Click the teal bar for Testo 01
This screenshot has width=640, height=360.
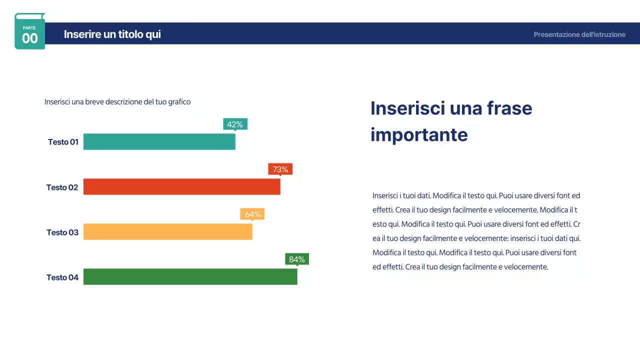pyautogui.click(x=159, y=141)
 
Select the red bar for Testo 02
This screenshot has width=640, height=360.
pyautogui.click(x=181, y=186)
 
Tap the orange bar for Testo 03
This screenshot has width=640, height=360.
pyautogui.click(x=167, y=231)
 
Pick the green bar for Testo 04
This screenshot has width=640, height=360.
pyautogui.click(x=190, y=276)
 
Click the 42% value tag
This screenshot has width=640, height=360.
pyautogui.click(x=235, y=124)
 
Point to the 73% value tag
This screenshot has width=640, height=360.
pyautogui.click(x=280, y=169)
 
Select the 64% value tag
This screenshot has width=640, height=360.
pyautogui.click(x=252, y=214)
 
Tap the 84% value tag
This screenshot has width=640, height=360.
pyautogui.click(x=297, y=259)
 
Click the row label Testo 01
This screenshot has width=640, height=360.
pyautogui.click(x=63, y=142)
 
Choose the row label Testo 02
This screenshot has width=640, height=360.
pyautogui.click(x=62, y=187)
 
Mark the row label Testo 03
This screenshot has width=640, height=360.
pyautogui.click(x=62, y=232)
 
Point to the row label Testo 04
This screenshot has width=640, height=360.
pyautogui.click(x=62, y=277)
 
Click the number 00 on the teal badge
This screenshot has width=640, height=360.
pyautogui.click(x=29, y=38)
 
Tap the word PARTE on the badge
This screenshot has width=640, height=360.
pyautogui.click(x=29, y=28)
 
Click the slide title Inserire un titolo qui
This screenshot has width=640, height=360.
pyautogui.click(x=112, y=34)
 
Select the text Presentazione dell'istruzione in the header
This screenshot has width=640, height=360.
pyautogui.click(x=579, y=34)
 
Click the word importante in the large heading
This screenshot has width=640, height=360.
pyautogui.click(x=419, y=134)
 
